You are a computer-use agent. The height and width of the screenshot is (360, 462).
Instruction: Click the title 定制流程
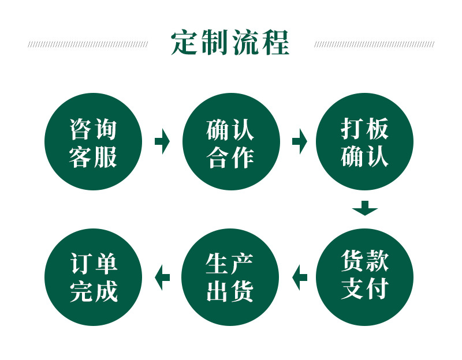[x=230, y=43]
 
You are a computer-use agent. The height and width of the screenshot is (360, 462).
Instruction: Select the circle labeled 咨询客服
[x=93, y=142]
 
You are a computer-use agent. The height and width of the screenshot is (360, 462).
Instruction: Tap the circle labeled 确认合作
[x=230, y=142]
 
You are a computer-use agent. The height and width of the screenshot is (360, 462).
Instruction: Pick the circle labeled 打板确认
[x=364, y=142]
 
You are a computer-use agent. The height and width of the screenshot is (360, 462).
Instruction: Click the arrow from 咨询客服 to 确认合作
[x=162, y=141]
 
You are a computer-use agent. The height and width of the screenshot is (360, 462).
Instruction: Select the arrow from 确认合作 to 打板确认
[x=299, y=141]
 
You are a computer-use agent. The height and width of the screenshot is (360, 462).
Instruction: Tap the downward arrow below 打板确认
[x=364, y=208]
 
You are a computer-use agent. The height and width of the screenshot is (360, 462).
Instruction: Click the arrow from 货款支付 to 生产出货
[x=299, y=277]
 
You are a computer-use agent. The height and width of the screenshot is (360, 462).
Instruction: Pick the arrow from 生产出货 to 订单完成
[x=162, y=277]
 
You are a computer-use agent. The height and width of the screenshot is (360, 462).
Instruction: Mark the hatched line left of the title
[x=88, y=44]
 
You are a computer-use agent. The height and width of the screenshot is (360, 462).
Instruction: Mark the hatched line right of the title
[x=374, y=44]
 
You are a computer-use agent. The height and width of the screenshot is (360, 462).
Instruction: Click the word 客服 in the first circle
[x=93, y=157]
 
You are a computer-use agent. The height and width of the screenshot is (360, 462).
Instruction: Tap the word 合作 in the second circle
[x=230, y=157]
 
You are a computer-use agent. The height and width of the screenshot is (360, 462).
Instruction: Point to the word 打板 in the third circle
[x=364, y=128]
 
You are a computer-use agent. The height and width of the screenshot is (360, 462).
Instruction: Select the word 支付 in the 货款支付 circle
[x=364, y=289]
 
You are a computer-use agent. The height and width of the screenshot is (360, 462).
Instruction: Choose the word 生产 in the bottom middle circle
[x=230, y=263]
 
